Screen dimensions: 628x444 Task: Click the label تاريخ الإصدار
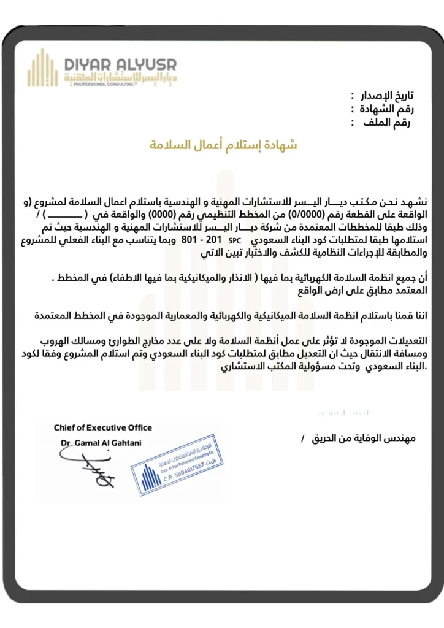click(386, 95)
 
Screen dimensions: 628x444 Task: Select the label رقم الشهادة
click(386, 109)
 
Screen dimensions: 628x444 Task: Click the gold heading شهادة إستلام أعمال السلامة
click(224, 145)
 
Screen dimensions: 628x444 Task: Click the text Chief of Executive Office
click(103, 427)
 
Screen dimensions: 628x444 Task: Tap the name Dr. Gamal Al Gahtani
click(101, 442)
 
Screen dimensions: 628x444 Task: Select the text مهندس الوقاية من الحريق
click(369, 439)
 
